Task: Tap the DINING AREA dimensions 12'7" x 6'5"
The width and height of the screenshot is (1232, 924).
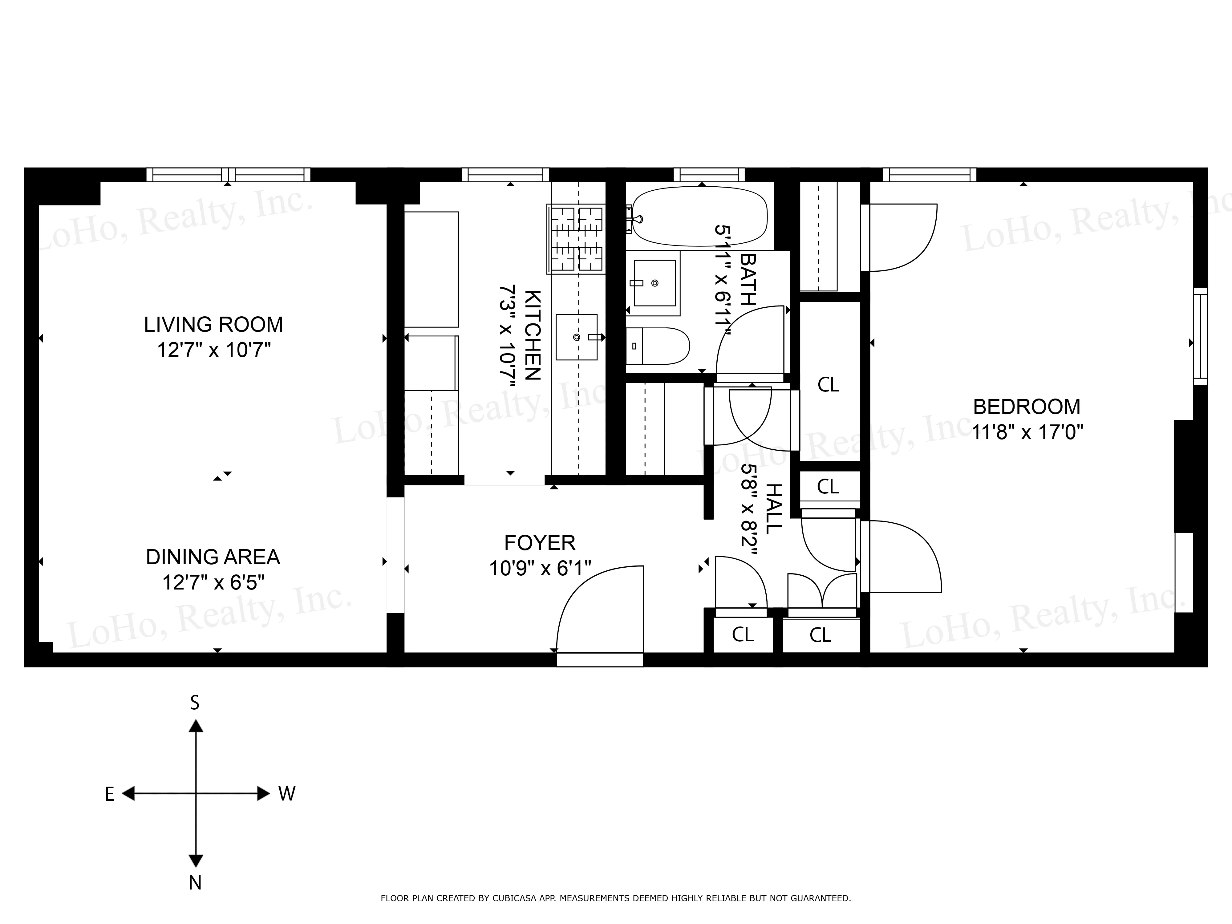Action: pos(213,583)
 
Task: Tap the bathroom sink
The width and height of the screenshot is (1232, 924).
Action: pos(654,283)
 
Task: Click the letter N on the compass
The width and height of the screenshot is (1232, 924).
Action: pos(195,883)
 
